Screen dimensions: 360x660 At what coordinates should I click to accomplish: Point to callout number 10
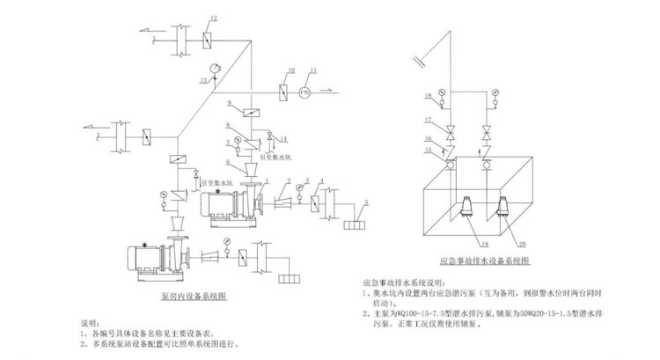tap(290, 70)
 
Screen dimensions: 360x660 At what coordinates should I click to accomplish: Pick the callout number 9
tap(229, 104)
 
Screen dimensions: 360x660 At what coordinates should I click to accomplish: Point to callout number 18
tap(429, 93)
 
